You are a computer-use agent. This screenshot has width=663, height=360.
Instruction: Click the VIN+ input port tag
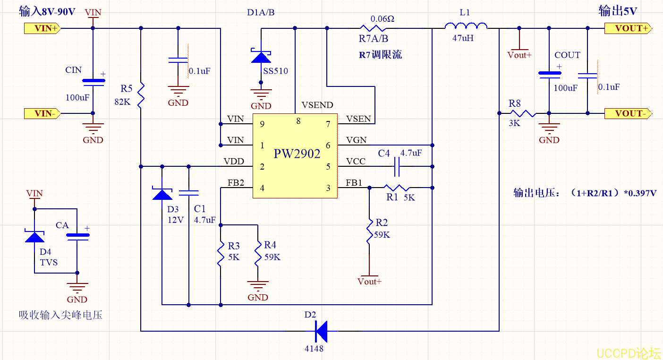pos(42,28)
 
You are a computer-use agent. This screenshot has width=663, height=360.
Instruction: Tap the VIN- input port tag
pos(42,113)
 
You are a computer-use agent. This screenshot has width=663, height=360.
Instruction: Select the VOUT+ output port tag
pos(628,28)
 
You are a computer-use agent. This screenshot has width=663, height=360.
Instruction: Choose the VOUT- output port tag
pos(628,113)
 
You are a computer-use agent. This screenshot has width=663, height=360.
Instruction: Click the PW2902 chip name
pos(297,154)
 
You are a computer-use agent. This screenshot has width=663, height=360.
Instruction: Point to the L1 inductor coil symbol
pos(466,26)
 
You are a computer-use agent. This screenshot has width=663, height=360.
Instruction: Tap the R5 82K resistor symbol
pos(141,94)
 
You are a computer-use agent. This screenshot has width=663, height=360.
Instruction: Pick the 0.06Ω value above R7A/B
pos(382,19)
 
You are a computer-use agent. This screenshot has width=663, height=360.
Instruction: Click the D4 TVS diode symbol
pos(34,235)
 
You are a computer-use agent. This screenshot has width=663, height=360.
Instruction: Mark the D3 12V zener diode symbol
pos(162,194)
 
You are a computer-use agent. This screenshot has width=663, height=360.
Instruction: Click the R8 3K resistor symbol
pos(522,113)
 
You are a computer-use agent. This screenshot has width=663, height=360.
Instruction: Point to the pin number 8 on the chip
pos(298,121)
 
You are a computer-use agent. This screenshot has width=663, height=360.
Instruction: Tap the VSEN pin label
pos(358,119)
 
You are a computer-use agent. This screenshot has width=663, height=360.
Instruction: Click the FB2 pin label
pos(236,183)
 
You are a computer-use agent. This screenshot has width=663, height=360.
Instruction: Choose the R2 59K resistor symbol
pos(369,231)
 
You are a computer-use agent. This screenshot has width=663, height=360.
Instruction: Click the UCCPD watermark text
pos(628,353)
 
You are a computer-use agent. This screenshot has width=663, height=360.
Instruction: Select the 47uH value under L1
pos(463,38)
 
